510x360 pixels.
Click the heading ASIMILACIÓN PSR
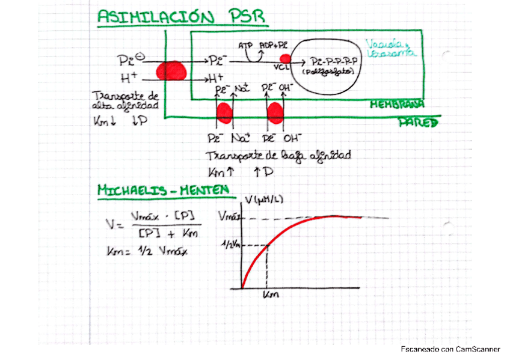180,17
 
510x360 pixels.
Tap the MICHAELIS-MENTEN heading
163,191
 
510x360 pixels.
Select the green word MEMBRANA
398,104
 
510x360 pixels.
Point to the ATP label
245,46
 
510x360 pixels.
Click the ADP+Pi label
272,46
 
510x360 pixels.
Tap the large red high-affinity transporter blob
171,70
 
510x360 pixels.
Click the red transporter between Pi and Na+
224,112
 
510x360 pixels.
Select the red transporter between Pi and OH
275,112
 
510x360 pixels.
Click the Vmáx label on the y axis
229,217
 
